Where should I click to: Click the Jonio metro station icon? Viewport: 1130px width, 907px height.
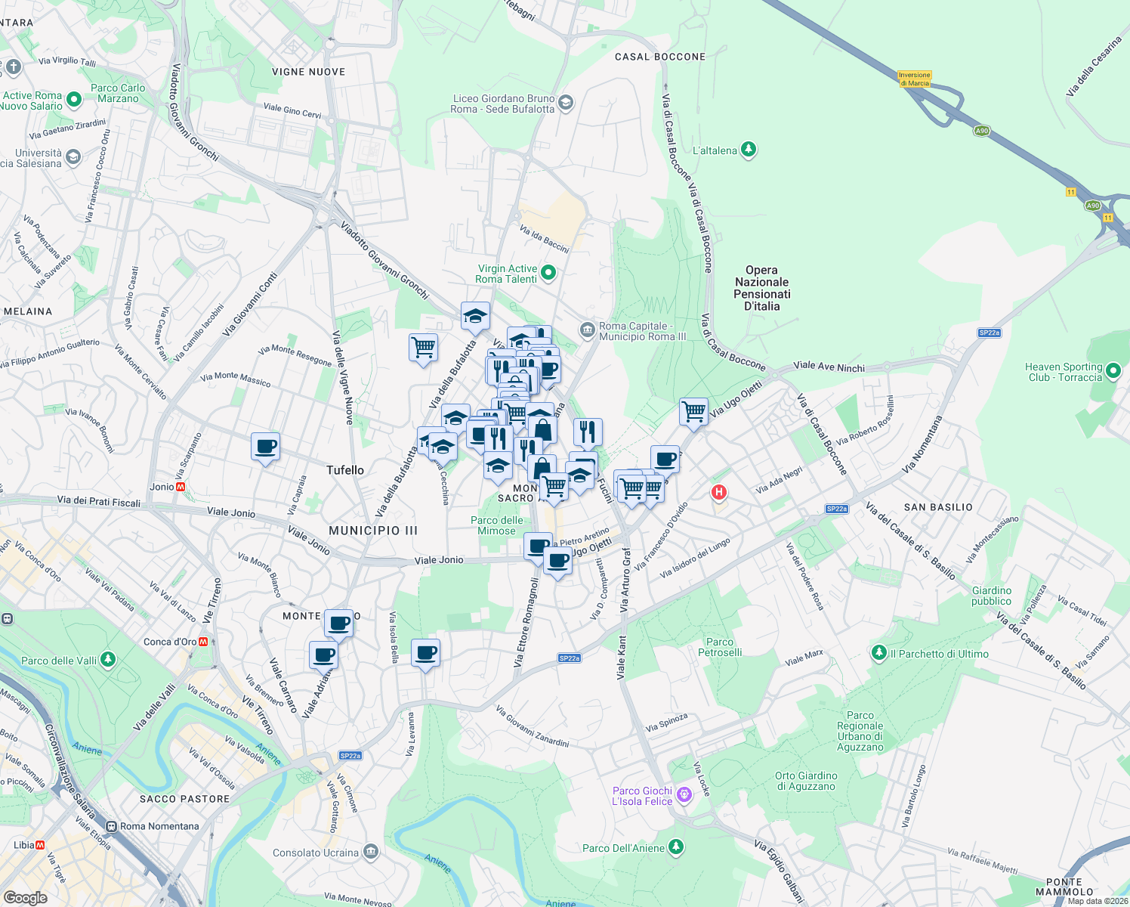pyautogui.click(x=181, y=487)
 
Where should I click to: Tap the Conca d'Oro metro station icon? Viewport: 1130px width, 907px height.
pyautogui.click(x=203, y=642)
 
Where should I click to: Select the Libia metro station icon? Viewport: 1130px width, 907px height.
pyautogui.click(x=40, y=845)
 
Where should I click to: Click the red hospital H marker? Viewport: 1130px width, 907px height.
pyautogui.click(x=718, y=493)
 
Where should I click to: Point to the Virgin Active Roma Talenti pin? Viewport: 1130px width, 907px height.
pyautogui.click(x=549, y=273)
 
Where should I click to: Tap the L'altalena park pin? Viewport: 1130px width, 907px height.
pyautogui.click(x=749, y=150)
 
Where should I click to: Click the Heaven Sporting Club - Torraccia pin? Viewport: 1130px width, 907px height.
pyautogui.click(x=1113, y=372)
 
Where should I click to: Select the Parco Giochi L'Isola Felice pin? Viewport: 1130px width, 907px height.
pyautogui.click(x=684, y=795)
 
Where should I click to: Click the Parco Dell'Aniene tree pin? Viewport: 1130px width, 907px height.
pyautogui.click(x=676, y=847)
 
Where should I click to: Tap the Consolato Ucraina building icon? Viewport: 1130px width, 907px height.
pyautogui.click(x=370, y=852)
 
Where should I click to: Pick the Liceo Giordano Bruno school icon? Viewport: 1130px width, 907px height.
pyautogui.click(x=566, y=103)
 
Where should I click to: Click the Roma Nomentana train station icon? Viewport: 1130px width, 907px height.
pyautogui.click(x=112, y=826)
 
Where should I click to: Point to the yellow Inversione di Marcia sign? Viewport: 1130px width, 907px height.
pyautogui.click(x=915, y=79)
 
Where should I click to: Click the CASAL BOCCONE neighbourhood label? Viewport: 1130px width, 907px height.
pyautogui.click(x=660, y=57)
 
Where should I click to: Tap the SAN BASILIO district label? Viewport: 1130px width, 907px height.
pyautogui.click(x=938, y=507)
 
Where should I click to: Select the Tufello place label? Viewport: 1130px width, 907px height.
pyautogui.click(x=345, y=470)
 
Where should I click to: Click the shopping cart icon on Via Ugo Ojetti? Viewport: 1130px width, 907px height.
pyautogui.click(x=693, y=412)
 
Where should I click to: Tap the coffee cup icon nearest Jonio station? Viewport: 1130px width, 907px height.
pyautogui.click(x=265, y=447)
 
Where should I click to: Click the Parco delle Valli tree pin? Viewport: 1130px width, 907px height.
pyautogui.click(x=108, y=660)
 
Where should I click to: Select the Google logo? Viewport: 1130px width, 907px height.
pyautogui.click(x=25, y=897)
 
